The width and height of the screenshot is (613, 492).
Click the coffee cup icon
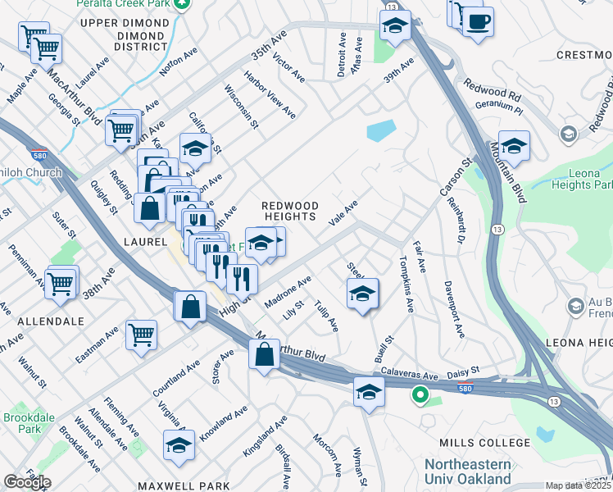coord(478,20)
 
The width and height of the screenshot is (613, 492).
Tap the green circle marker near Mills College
coord(420,396)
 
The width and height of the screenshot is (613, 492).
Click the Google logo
coord(27,482)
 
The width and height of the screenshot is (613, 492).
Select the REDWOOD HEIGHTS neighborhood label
coord(288,210)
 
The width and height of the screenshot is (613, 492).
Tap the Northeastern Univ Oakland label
coord(467,471)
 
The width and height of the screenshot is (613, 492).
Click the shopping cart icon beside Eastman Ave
coord(141,334)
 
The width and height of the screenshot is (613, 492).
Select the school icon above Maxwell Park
coord(179,444)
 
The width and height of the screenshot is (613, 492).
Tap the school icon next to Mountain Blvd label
coord(514,146)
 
